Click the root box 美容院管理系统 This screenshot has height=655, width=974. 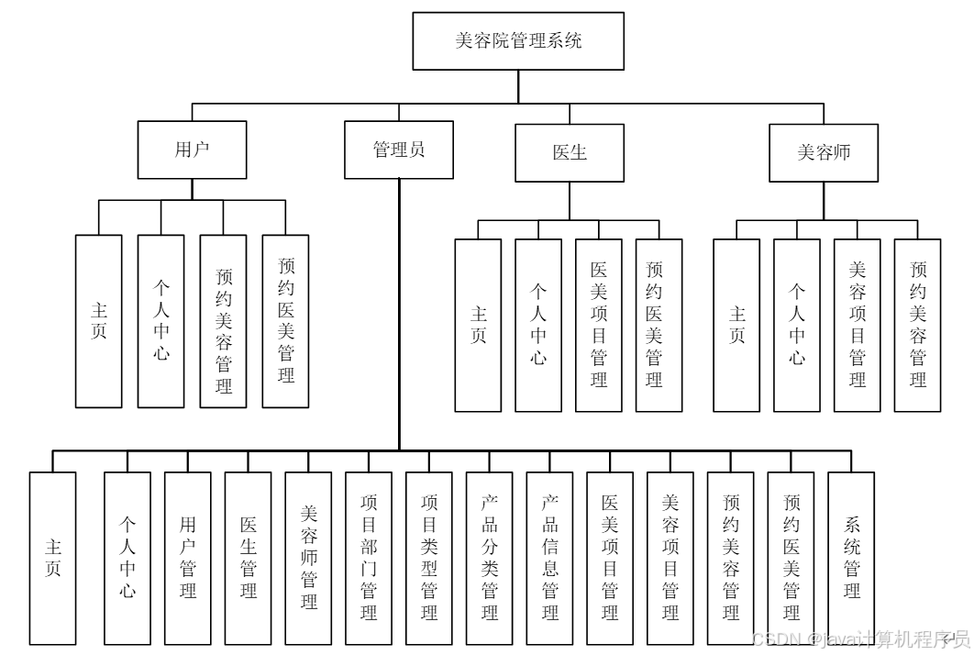pyautogui.click(x=518, y=40)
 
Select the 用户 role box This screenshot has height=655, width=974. pyautogui.click(x=192, y=150)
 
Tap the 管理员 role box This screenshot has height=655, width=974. pyautogui.click(x=399, y=150)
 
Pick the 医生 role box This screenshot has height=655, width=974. pyautogui.click(x=570, y=152)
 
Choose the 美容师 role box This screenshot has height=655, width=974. pyautogui.click(x=824, y=152)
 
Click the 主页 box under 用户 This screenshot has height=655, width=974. pyautogui.click(x=98, y=321)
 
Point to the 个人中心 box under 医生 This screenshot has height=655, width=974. pyautogui.click(x=538, y=325)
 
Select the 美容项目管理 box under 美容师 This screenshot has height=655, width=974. pyautogui.click(x=858, y=325)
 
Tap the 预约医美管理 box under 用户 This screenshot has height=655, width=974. pyautogui.click(x=285, y=321)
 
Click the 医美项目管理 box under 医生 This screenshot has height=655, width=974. pyautogui.click(x=599, y=325)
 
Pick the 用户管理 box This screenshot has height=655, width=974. pyautogui.click(x=188, y=558)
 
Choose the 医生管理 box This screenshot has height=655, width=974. pyautogui.click(x=249, y=558)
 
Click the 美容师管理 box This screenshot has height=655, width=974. pyautogui.click(x=309, y=558)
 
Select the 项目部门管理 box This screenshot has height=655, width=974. pyautogui.click(x=369, y=558)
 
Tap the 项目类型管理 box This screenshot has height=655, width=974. pyautogui.click(x=429, y=558)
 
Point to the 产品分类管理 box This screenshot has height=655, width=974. pyautogui.click(x=490, y=558)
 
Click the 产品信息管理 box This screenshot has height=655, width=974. pyautogui.click(x=550, y=558)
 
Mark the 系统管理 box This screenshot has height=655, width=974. pyautogui.click(x=852, y=558)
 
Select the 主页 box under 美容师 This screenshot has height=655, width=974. pyautogui.click(x=736, y=325)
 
